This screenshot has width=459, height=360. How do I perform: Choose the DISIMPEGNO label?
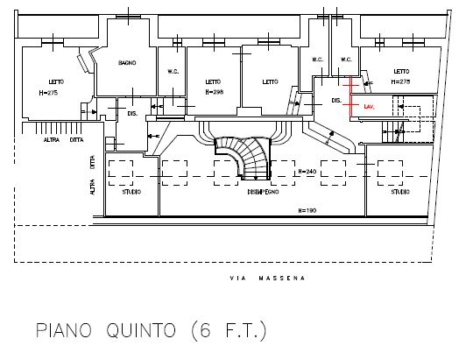point(263,191)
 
